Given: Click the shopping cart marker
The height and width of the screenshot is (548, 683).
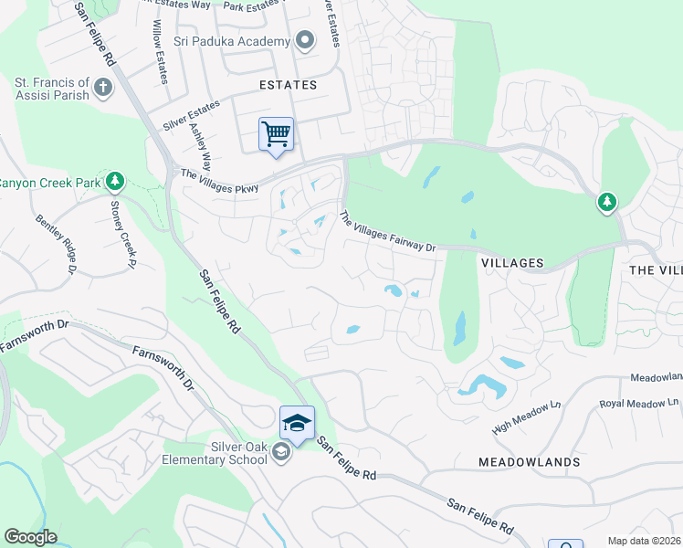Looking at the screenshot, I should tap(276, 135).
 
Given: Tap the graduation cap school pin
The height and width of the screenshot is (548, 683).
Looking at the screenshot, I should tap(297, 423).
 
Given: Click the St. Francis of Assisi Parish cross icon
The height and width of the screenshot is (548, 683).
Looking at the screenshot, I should tap(102, 89).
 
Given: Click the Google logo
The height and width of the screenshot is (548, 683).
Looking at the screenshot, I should tap(30, 537).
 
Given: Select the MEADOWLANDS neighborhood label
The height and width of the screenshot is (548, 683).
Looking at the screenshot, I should tap(529, 462).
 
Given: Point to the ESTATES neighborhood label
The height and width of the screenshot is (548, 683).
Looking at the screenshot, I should tap(288, 85).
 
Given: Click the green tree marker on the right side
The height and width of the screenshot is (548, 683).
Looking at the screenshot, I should tap(607, 202).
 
